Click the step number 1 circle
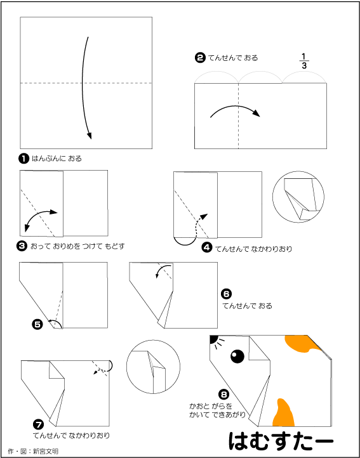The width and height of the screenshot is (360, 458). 23,159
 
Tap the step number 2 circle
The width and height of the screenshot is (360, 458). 200,58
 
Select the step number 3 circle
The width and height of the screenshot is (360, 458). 22,247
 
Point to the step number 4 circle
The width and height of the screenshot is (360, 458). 207,249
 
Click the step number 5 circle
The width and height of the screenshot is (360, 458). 37,324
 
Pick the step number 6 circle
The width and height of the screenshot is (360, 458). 227,294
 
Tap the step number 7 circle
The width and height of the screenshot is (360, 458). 39,424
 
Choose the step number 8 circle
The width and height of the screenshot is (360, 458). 224,395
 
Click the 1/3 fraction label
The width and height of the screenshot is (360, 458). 304,60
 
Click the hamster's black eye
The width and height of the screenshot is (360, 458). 237,357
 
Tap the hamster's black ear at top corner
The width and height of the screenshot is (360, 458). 213,339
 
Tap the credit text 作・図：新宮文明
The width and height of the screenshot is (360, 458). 33,451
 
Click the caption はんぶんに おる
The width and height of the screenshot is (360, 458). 57,159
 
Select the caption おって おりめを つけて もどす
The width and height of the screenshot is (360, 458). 77,247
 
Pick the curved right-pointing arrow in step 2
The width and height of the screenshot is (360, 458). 236,109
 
